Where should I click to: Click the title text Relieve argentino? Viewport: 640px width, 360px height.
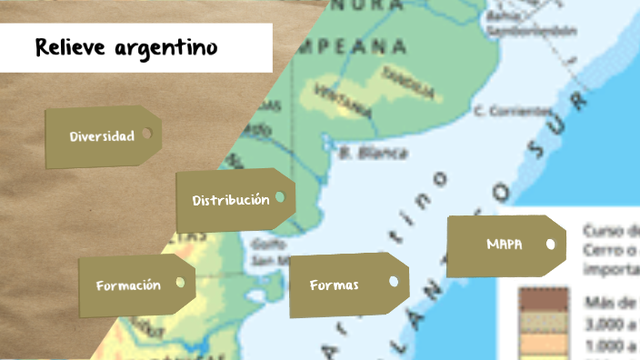126,47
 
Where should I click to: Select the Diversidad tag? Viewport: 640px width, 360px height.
102,136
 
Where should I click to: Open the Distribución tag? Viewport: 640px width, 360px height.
230,200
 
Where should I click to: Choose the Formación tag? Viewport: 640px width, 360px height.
128,285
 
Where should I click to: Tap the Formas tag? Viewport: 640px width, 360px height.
334,285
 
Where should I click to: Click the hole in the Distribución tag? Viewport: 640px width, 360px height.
279,197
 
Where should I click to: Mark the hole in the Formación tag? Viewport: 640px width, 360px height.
180,283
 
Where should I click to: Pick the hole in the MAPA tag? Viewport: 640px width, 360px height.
550,244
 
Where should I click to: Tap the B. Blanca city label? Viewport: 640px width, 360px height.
373,154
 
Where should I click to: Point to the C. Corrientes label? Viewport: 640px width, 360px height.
511,112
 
